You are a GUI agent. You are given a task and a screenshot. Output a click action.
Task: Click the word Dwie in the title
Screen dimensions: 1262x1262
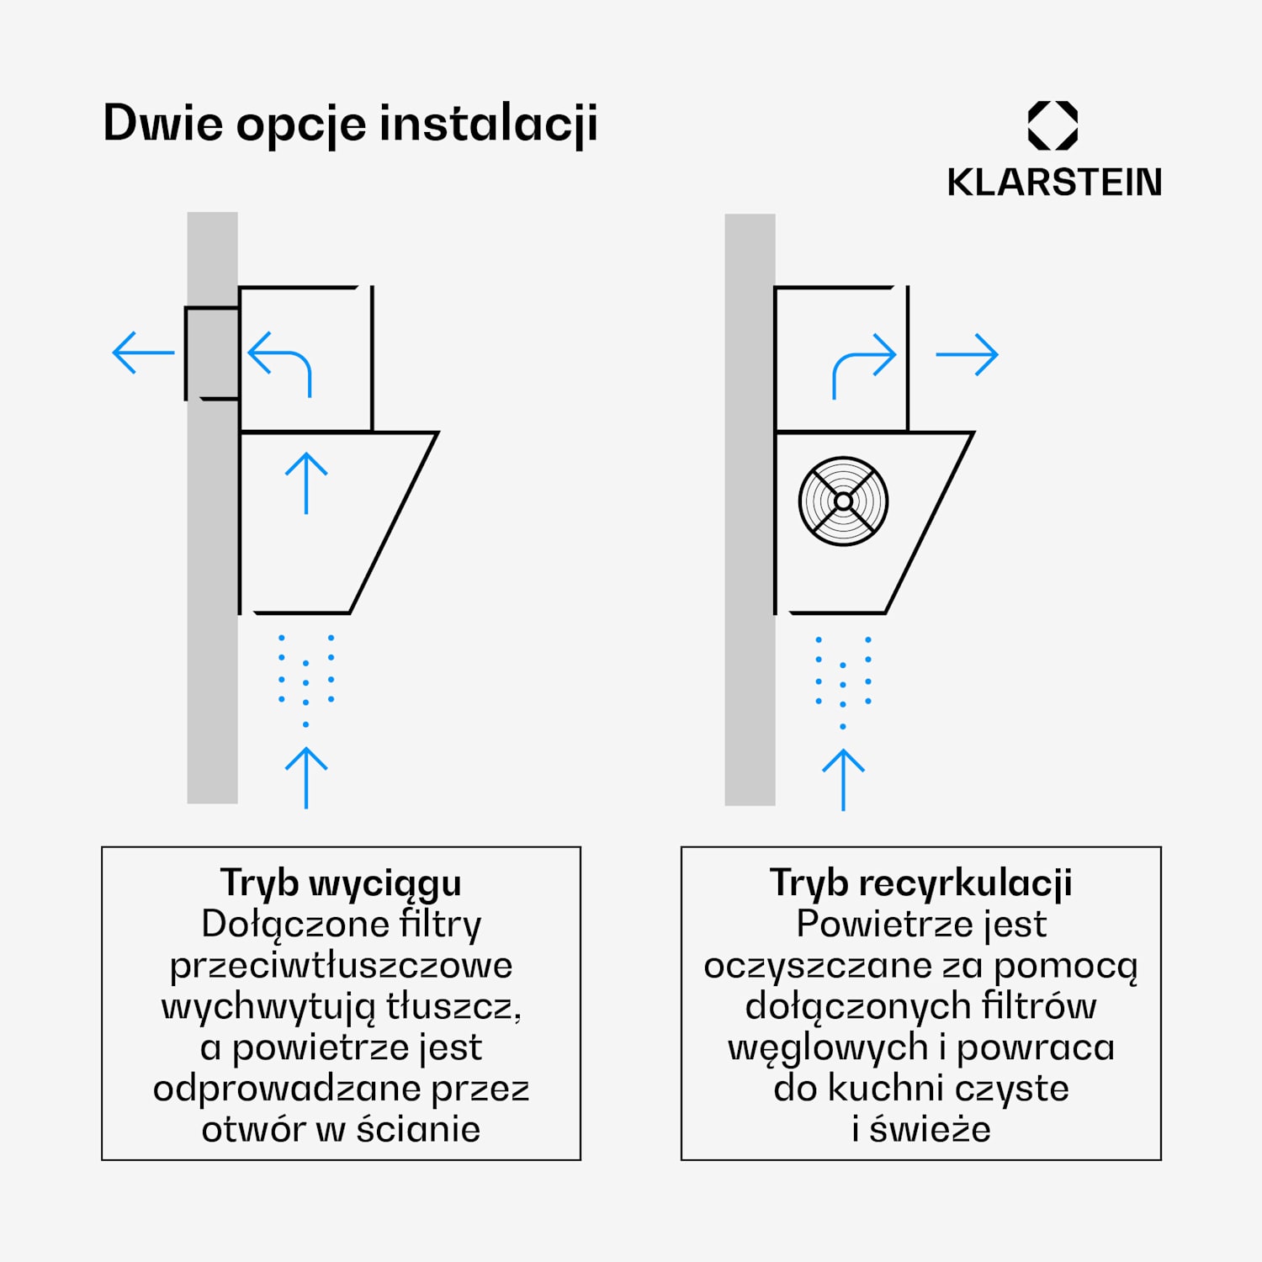163,123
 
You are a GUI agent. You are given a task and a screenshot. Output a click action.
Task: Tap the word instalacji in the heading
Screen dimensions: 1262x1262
489,125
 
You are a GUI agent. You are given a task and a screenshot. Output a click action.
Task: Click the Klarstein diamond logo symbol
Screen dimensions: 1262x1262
1053,125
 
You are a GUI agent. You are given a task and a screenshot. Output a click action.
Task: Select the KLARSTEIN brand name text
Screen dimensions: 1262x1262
1054,183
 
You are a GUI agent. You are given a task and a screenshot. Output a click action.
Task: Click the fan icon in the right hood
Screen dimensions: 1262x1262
843,501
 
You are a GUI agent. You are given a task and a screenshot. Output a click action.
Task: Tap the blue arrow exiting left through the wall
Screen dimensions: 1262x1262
143,352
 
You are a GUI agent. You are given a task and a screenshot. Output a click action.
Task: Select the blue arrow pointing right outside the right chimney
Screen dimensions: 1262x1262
967,355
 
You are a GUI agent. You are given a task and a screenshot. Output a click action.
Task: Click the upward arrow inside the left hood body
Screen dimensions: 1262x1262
306,483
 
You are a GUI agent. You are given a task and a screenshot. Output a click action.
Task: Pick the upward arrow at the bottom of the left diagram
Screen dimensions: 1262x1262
306,778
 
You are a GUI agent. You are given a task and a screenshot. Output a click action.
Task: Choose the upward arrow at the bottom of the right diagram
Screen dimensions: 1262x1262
843,780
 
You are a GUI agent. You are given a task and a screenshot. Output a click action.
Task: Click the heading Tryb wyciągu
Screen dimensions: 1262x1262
341,883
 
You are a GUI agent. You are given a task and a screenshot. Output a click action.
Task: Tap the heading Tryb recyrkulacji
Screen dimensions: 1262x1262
921,883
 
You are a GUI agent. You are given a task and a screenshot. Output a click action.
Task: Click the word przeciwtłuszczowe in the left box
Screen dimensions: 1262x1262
341,966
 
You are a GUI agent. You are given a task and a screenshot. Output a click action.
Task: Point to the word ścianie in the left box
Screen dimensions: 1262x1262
418,1129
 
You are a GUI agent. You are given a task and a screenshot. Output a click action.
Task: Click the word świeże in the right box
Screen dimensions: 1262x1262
931,1129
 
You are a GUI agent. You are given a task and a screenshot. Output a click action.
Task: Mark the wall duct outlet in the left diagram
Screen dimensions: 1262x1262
212,353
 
